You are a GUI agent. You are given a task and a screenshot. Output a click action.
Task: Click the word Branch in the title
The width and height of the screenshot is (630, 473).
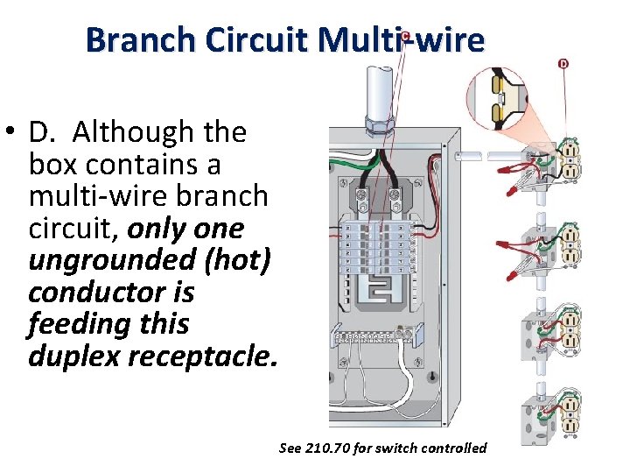141,40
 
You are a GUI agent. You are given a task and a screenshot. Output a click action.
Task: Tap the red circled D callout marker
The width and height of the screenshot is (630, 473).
563,63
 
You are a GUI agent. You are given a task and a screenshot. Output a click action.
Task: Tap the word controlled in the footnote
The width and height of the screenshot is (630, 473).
454,448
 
